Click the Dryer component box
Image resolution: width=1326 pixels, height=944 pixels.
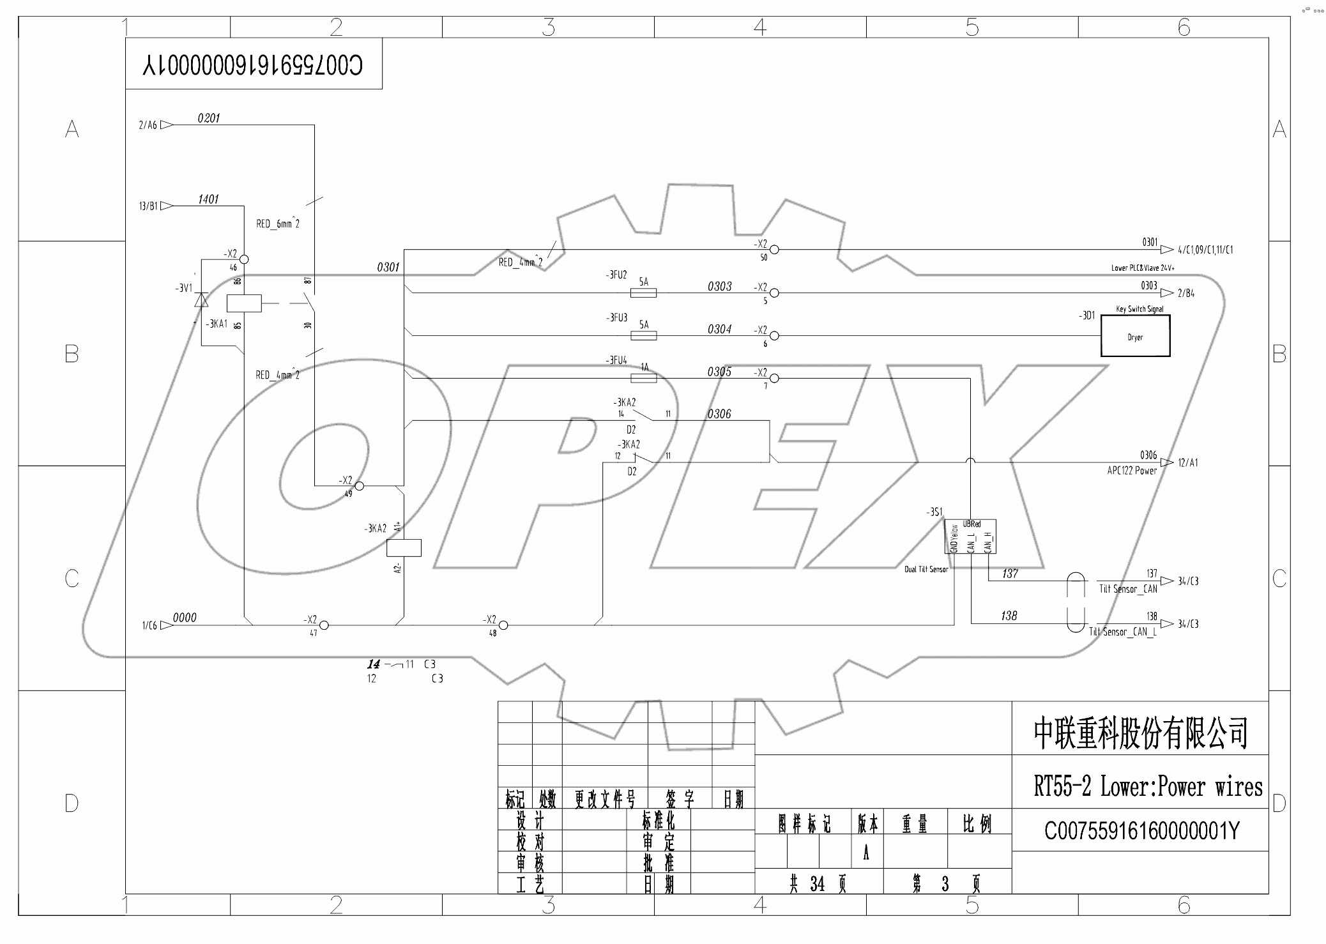pos(1135,336)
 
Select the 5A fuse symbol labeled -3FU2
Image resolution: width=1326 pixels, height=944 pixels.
pos(643,293)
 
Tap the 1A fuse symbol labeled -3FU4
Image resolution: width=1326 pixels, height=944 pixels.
pos(643,378)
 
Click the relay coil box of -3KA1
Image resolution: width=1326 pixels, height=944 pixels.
pos(244,303)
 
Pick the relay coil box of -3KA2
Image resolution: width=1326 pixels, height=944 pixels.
pos(404,547)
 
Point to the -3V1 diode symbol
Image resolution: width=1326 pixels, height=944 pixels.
pos(201,300)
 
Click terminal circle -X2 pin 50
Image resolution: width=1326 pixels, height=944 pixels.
pos(774,250)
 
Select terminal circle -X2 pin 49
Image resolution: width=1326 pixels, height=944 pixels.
pos(360,485)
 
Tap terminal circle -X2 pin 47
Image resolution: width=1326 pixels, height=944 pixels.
pos(324,625)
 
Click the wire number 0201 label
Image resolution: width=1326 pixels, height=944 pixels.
pos(208,118)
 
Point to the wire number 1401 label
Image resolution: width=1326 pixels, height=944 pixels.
pos(208,199)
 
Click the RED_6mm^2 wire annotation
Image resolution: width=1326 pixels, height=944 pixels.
pos(277,224)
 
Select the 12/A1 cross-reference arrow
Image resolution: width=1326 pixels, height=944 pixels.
pos(1167,462)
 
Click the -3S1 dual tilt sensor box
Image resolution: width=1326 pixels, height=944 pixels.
pos(970,537)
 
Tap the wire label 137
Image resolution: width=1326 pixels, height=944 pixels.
pos(1010,574)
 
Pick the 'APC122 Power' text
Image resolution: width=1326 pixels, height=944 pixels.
pos(1132,471)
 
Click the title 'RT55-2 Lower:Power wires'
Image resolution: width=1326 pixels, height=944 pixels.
pos(1148,787)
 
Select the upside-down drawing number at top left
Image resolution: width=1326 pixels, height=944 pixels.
pos(253,65)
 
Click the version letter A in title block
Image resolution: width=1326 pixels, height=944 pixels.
pos(865,854)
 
